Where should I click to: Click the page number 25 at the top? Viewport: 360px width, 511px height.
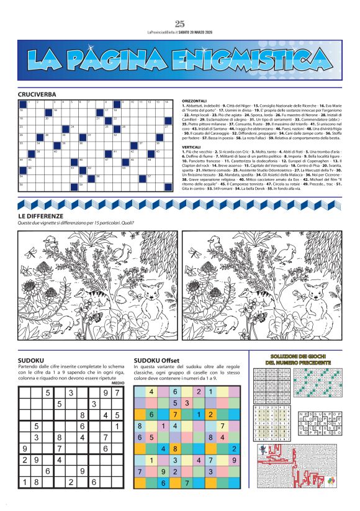[x=180, y=24]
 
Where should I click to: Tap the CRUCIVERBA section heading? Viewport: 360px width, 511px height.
[x=37, y=94]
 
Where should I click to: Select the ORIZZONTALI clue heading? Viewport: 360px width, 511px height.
[x=194, y=100]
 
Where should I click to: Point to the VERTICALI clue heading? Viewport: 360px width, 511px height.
[x=192, y=148]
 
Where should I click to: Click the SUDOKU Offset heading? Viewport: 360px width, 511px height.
[x=156, y=360]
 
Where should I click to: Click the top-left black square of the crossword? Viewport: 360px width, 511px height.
[x=22, y=103]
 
